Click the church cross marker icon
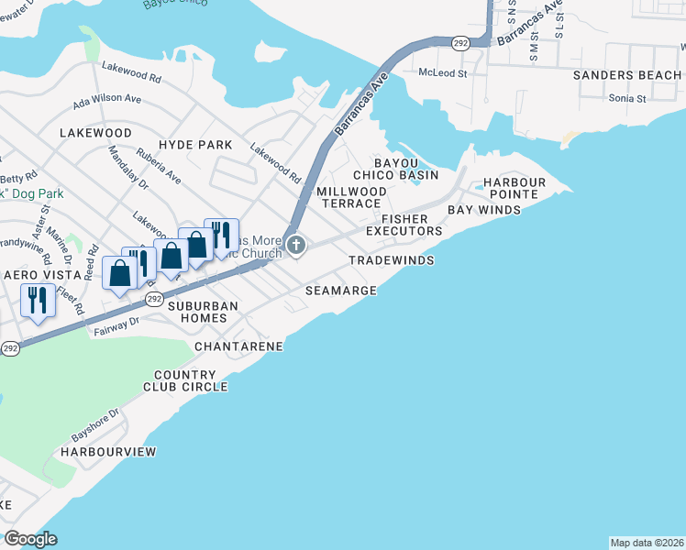click(x=295, y=245)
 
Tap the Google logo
click(x=31, y=539)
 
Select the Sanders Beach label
click(x=626, y=75)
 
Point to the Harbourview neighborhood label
click(x=108, y=452)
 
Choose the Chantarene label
click(x=238, y=346)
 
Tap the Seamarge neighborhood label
click(x=340, y=291)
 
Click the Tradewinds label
click(x=391, y=261)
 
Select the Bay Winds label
click(x=484, y=210)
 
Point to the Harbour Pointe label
click(x=514, y=189)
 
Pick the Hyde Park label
click(x=195, y=146)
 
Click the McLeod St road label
click(x=442, y=72)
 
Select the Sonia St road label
click(x=628, y=97)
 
